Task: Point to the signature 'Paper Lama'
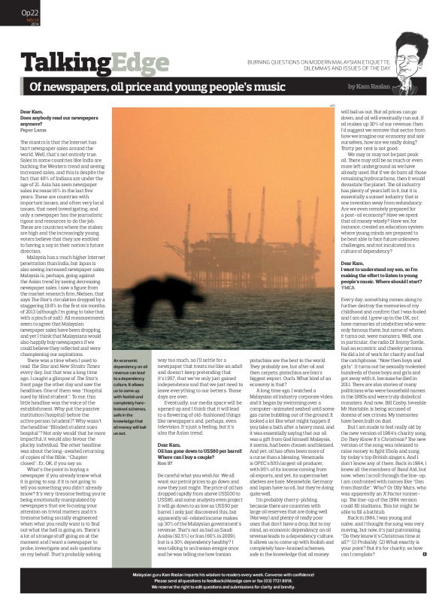(x=33, y=130)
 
